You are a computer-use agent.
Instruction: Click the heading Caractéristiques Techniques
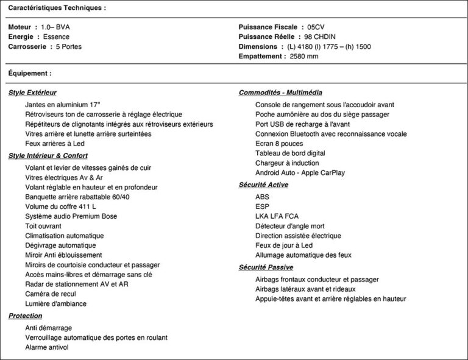tap(57, 8)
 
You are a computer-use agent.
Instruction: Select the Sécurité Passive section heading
tap(266, 267)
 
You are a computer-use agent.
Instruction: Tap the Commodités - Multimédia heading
tap(280, 93)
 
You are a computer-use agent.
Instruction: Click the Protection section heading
tap(26, 316)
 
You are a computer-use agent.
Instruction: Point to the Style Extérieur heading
tap(32, 93)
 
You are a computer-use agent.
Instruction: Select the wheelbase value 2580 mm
tap(305, 57)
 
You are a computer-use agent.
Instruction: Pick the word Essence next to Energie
tap(57, 37)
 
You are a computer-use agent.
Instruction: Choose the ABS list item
tap(262, 197)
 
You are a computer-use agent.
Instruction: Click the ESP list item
tap(262, 206)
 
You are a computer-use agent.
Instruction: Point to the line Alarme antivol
tap(47, 347)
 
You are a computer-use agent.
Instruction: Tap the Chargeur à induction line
tap(287, 163)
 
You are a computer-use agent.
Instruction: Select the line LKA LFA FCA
tap(277, 216)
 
